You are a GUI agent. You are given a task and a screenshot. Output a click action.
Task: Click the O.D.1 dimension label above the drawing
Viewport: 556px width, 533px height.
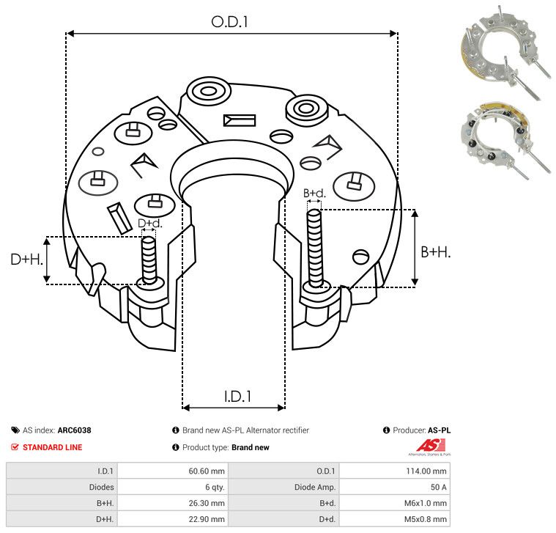229,22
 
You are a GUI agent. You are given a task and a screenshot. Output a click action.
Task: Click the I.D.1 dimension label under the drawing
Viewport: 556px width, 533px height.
237,397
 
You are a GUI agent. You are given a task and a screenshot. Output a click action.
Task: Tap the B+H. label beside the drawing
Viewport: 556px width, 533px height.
435,252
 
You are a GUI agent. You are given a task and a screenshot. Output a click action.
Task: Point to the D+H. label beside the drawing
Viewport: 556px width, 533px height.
26,260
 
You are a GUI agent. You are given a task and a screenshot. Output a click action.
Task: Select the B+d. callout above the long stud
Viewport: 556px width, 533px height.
314,193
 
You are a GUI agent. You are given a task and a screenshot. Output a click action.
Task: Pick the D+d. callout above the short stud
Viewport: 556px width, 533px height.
149,223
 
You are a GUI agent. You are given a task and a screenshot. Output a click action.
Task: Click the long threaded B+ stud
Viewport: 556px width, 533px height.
314,248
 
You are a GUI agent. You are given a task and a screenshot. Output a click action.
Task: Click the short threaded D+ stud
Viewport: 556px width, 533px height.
149,260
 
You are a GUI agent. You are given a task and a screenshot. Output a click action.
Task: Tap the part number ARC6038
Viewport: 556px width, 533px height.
75,430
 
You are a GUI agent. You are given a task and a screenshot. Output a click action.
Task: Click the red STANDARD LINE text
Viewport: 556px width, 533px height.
53,447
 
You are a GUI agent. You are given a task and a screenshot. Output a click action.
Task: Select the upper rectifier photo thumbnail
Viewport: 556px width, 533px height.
505,54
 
